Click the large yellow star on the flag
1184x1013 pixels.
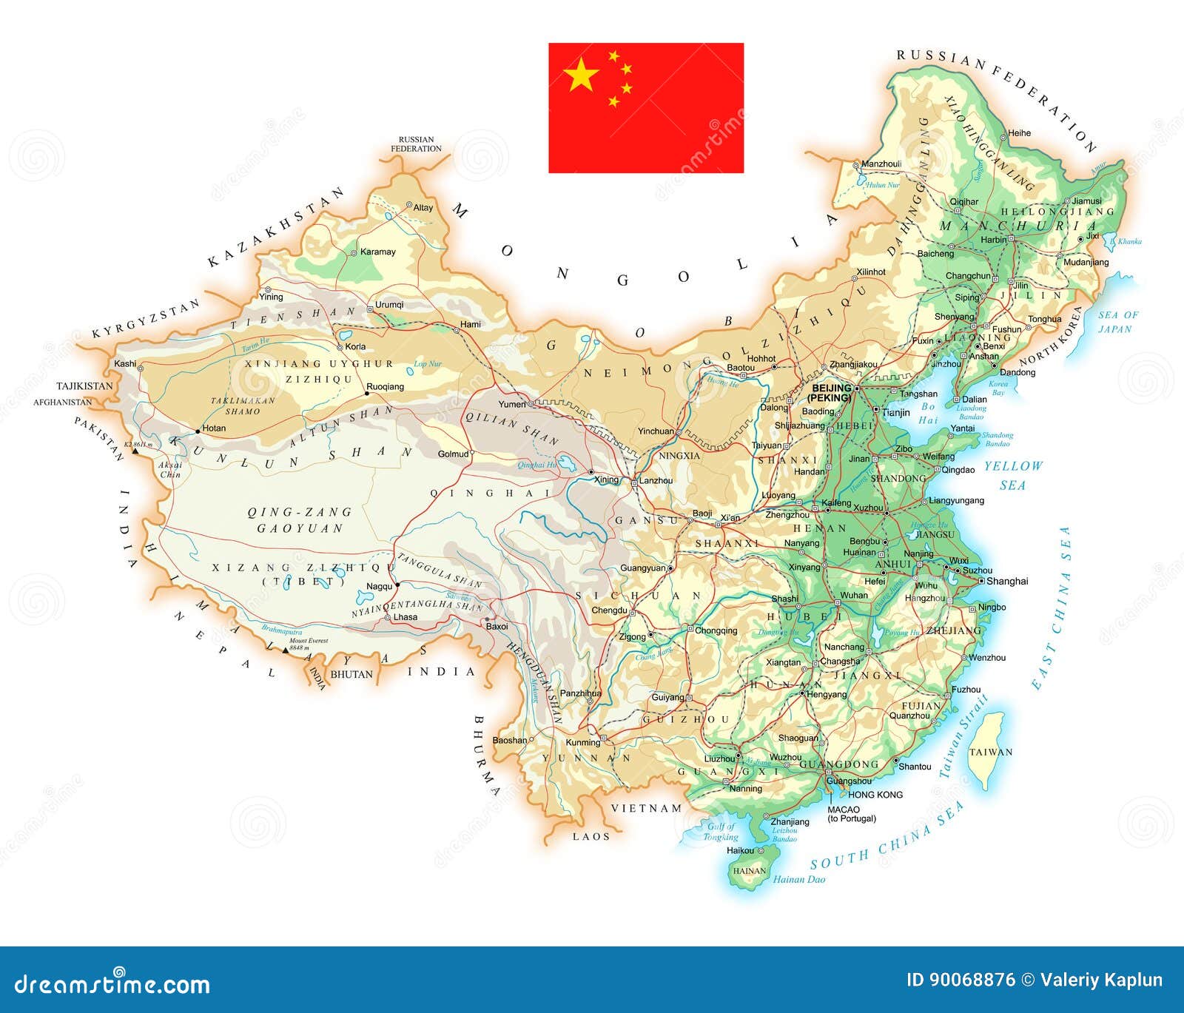point(581,75)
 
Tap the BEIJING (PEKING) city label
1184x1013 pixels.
point(831,393)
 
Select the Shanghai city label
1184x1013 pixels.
point(1007,582)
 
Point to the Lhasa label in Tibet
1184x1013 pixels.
point(406,617)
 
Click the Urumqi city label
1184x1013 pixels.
point(389,305)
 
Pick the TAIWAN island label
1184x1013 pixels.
point(991,753)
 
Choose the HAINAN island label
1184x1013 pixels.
point(749,871)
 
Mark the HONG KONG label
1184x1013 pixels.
point(875,795)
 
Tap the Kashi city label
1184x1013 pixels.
point(125,364)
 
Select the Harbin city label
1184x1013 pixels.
point(994,240)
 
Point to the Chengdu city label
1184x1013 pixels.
point(609,611)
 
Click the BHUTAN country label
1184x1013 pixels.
point(351,675)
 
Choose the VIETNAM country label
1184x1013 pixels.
point(646,808)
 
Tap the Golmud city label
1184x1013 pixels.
point(453,454)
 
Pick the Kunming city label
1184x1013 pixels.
point(582,743)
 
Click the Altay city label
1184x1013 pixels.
point(423,208)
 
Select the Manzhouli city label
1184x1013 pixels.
point(881,164)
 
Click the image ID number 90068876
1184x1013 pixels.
point(961,980)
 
